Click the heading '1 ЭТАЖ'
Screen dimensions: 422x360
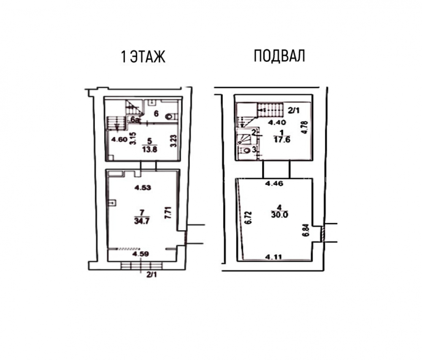pos(143,57)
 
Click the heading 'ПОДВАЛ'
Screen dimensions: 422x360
pos(279,56)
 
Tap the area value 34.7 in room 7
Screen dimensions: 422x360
pos(142,221)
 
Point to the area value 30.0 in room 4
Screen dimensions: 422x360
pos(280,215)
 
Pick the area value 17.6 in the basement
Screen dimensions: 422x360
pos(282,140)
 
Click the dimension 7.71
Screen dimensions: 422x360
pos(168,212)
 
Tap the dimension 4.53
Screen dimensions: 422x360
pos(143,188)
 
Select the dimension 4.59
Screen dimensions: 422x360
pos(141,254)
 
